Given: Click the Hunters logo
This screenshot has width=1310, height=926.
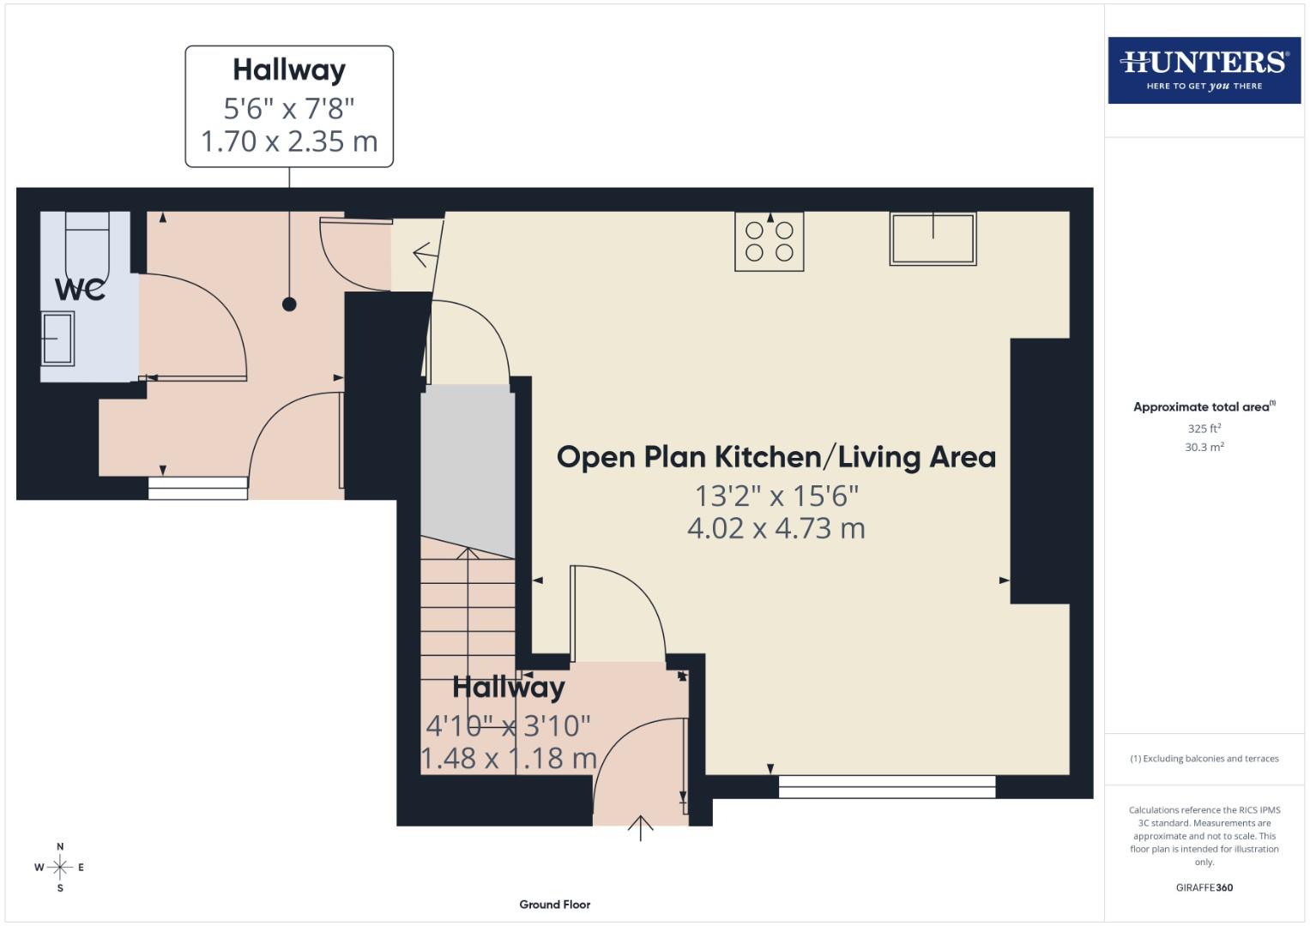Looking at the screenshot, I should (1204, 69).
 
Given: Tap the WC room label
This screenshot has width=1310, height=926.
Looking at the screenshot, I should (81, 290).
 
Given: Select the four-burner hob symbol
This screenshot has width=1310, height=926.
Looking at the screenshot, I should (770, 242).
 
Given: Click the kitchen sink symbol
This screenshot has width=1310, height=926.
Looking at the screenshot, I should (933, 238).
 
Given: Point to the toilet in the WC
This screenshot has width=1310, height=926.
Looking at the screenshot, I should (87, 244).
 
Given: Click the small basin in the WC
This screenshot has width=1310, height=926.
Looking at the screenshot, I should (57, 338).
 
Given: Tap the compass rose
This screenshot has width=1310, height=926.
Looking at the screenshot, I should (60, 868).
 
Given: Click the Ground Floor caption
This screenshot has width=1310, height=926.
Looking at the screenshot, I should (554, 905).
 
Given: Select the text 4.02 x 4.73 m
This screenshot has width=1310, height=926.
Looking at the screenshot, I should (776, 528).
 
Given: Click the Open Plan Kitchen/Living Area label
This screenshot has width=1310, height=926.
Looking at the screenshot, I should (776, 457).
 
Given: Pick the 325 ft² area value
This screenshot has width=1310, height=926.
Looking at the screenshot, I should (1204, 429).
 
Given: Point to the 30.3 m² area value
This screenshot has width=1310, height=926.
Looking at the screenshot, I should (1204, 447).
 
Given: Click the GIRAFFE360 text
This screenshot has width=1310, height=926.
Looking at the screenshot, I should (1204, 887).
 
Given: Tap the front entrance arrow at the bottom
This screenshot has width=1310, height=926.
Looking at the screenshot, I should (640, 828).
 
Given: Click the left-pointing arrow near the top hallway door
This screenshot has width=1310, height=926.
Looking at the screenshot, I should (422, 255).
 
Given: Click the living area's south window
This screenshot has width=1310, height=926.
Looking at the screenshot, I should (886, 786).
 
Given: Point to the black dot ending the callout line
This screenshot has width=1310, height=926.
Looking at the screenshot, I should (289, 304).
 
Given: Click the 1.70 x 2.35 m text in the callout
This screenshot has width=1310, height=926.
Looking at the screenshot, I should (289, 141).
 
